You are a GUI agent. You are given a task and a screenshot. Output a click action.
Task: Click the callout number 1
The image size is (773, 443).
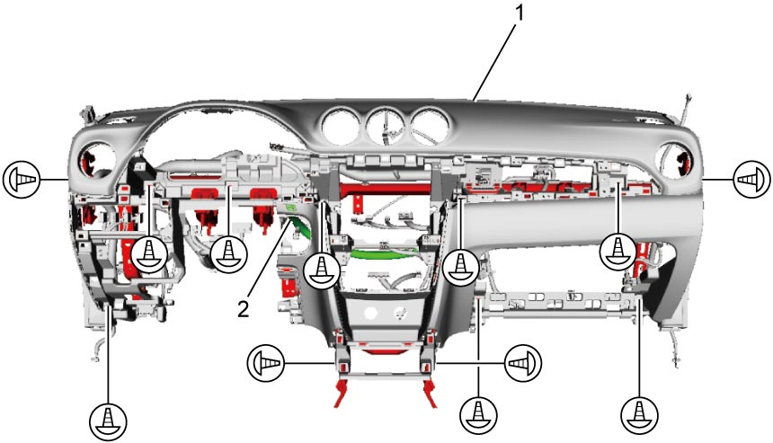pyautogui.click(x=519, y=13)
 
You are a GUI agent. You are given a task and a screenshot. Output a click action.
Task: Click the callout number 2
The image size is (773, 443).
pyautogui.click(x=244, y=309)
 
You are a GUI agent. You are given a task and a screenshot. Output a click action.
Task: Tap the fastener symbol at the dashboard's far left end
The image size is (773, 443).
pyautogui.click(x=22, y=179)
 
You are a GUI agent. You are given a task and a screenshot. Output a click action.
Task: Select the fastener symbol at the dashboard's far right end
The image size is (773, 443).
pyautogui.click(x=751, y=179)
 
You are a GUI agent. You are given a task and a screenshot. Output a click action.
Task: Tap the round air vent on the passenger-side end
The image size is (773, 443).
pyautogui.click(x=674, y=161)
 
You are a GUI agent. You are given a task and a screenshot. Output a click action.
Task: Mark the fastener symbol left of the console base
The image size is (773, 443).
pyautogui.click(x=265, y=363)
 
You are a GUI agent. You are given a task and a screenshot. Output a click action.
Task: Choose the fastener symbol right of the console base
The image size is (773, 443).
pyautogui.click(x=523, y=363)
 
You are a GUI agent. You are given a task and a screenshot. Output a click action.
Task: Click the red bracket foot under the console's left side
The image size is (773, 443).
pyautogui.click(x=341, y=393)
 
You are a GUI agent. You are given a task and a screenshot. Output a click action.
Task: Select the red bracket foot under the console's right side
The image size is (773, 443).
pyautogui.click(x=430, y=393)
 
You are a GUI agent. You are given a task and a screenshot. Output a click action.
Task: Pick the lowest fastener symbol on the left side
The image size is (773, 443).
pyautogui.click(x=109, y=421)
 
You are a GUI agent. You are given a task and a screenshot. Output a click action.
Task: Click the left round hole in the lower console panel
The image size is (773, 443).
pyautogui.click(x=370, y=313)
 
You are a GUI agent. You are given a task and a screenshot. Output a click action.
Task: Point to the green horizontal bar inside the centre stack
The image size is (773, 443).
pyautogui.click(x=381, y=253)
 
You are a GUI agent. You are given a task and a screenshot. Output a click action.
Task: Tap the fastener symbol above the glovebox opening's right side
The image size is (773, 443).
pyautogui.click(x=618, y=252)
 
